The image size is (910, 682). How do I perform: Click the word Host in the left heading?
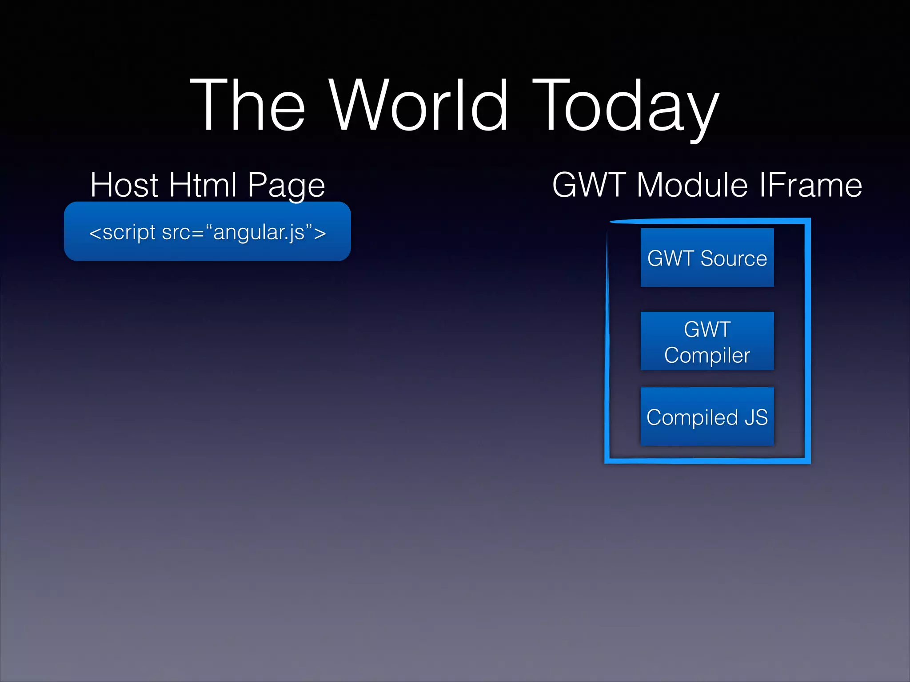(124, 185)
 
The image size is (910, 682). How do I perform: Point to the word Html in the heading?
(203, 185)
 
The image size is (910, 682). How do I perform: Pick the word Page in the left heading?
(286, 186)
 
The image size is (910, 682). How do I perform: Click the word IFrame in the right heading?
(810, 185)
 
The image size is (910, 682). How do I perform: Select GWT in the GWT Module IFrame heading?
(589, 185)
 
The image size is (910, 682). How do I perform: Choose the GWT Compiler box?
(707, 341)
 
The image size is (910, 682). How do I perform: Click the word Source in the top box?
(734, 258)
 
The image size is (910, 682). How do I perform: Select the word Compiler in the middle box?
(707, 355)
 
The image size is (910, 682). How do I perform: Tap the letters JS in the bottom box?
(756, 417)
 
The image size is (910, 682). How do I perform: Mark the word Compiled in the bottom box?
(692, 417)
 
